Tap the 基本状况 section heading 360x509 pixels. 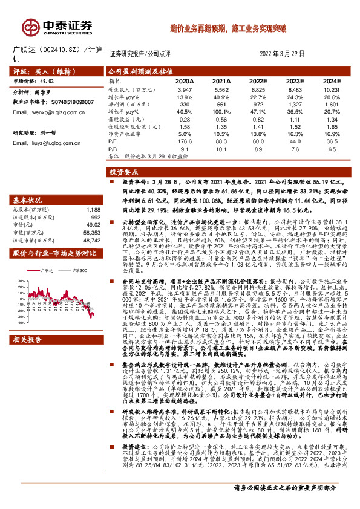(x=28, y=182)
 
